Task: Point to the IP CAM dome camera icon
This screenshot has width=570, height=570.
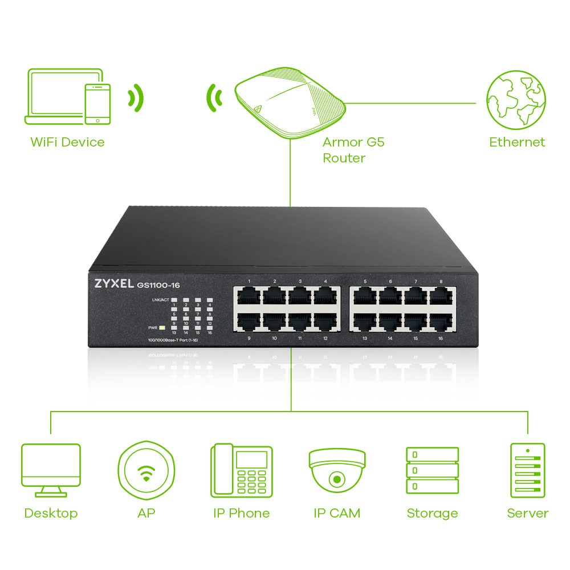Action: (337, 469)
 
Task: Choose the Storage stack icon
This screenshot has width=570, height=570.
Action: (432, 471)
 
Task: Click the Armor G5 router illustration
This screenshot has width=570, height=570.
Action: (290, 103)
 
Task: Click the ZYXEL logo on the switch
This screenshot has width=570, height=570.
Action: (111, 284)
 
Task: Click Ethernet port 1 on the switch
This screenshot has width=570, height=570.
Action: (249, 297)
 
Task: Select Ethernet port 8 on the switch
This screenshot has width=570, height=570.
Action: (442, 297)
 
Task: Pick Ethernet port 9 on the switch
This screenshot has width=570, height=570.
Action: (249, 322)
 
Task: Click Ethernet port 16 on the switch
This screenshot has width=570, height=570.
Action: (442, 322)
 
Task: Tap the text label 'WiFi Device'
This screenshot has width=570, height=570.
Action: (67, 142)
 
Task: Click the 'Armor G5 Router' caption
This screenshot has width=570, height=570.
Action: (353, 150)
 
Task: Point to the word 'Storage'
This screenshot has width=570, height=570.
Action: (432, 513)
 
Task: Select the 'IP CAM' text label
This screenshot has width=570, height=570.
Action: (337, 513)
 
